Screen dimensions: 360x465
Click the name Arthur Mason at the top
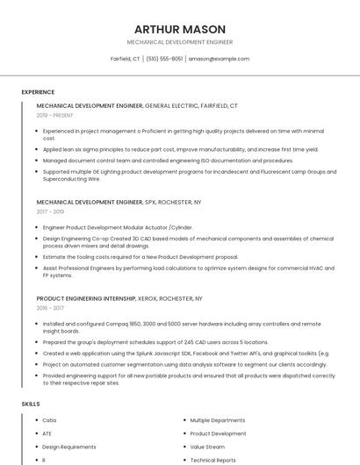180,29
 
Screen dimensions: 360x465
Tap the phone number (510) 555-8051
164,59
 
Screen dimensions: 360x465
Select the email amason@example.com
219,59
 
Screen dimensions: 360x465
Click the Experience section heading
38,92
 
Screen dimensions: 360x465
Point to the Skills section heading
31,404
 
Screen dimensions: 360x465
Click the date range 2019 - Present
54,115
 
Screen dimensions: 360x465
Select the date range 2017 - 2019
50,211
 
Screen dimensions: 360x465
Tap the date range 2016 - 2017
50,308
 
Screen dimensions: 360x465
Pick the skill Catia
49,420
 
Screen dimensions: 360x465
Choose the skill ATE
47,433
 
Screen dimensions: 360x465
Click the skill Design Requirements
68,447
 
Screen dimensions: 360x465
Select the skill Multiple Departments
218,420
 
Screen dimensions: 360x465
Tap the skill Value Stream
207,447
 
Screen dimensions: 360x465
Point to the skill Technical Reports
212,460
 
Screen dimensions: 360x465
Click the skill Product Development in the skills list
218,433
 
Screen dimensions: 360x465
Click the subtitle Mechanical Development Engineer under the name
180,42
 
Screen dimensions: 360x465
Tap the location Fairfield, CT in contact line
125,59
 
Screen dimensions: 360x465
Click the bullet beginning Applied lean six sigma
180,149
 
